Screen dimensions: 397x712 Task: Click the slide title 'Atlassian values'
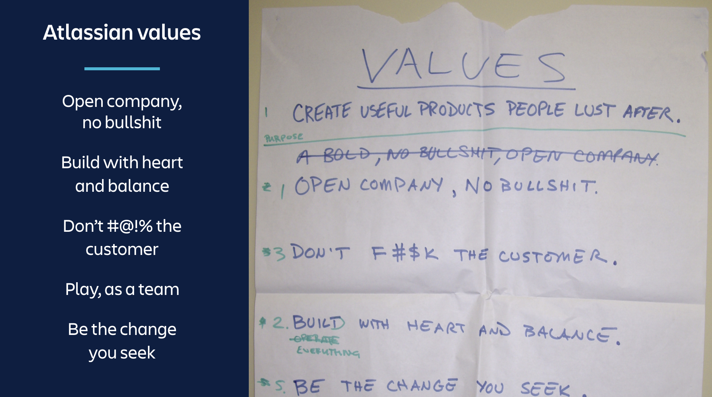point(122,33)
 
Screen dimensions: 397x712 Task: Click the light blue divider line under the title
point(122,69)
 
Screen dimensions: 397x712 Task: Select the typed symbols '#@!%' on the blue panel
point(130,226)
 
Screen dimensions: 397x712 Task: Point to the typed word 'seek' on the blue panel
point(137,353)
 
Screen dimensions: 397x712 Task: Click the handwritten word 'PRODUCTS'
point(456,110)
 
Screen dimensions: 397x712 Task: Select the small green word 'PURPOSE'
point(284,138)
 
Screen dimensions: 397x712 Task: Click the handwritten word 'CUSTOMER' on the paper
point(553,256)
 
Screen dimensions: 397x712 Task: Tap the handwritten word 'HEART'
point(436,327)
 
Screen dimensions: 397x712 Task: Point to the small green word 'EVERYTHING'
point(328,351)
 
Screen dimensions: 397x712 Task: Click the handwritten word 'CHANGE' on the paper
point(421,385)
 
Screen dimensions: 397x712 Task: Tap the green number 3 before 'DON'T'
point(280,253)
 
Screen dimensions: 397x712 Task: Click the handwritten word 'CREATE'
point(322,112)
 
